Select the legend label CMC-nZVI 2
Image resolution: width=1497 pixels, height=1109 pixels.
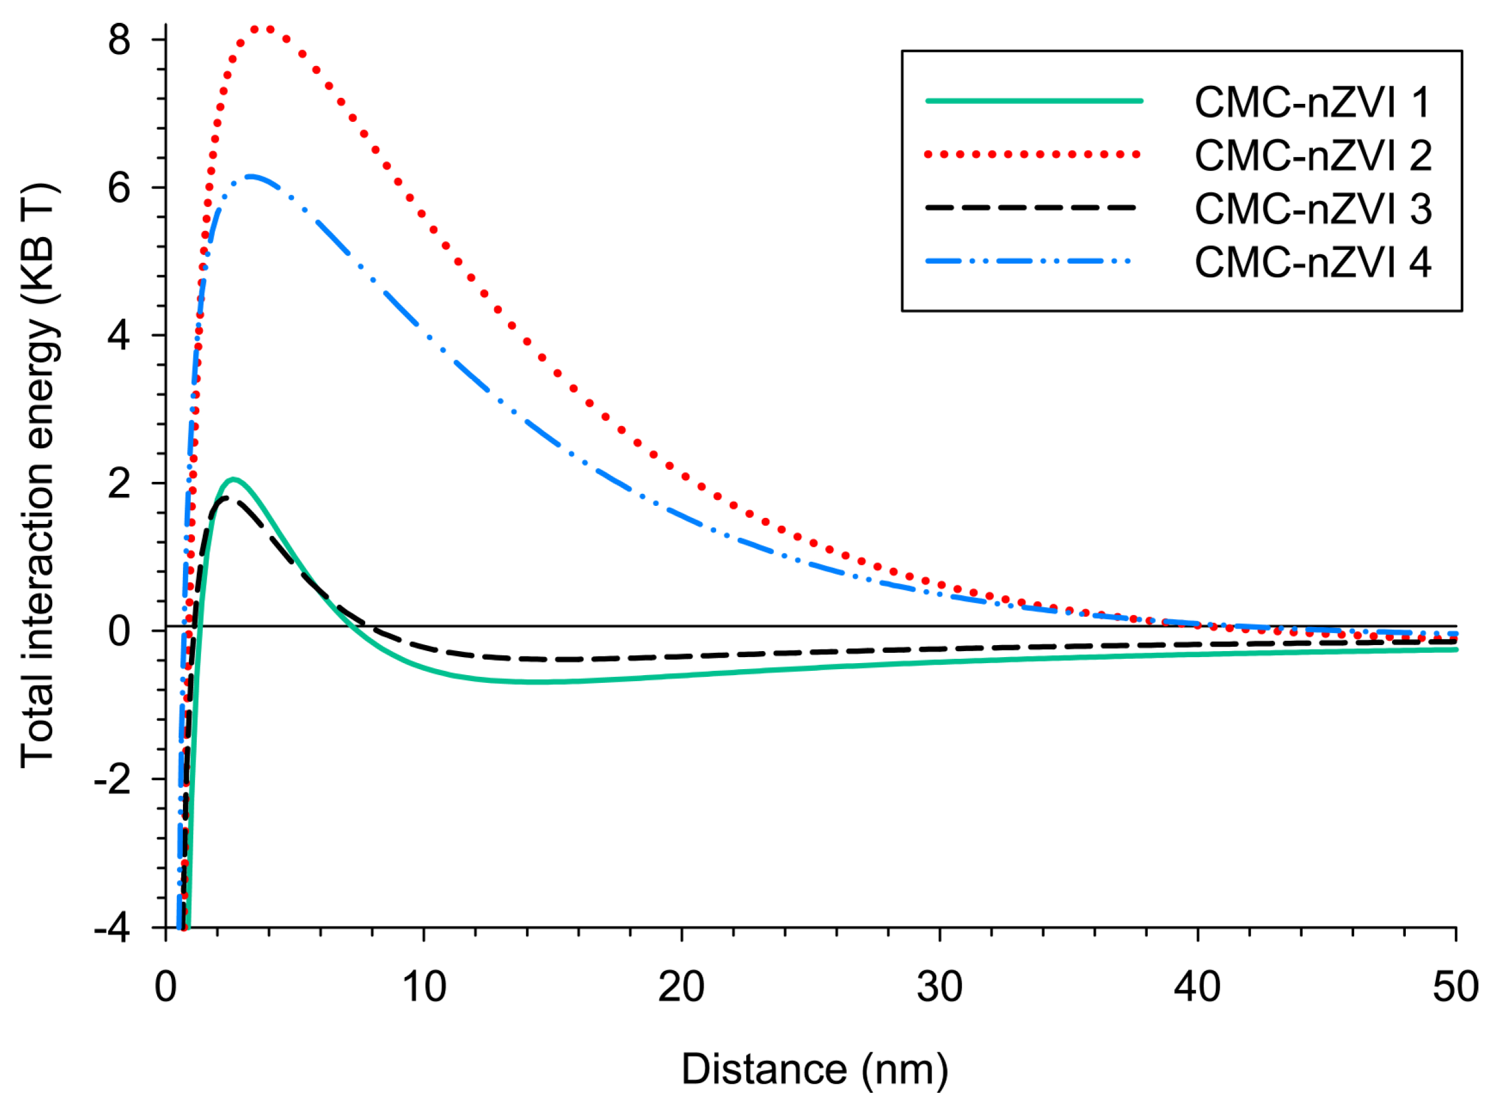(x=1313, y=156)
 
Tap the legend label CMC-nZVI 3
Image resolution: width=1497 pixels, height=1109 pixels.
(x=1313, y=209)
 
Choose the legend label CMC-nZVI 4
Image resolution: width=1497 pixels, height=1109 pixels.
(x=1313, y=262)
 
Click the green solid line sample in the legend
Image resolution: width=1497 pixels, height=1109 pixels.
(x=1033, y=101)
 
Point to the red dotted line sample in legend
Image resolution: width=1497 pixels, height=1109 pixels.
(x=1033, y=154)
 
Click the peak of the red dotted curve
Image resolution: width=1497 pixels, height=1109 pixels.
(x=261, y=28)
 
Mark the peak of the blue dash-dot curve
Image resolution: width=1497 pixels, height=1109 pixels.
(x=250, y=176)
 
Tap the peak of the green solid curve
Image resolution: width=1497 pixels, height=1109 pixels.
(x=233, y=479)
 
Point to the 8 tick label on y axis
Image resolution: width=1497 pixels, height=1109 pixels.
(x=119, y=40)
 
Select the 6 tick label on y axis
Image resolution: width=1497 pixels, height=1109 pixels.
(x=119, y=188)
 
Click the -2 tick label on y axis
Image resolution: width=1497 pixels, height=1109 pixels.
(x=112, y=780)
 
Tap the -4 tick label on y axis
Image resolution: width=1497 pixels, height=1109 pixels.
(x=112, y=929)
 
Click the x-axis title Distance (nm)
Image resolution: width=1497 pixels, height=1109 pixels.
(x=814, y=1069)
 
